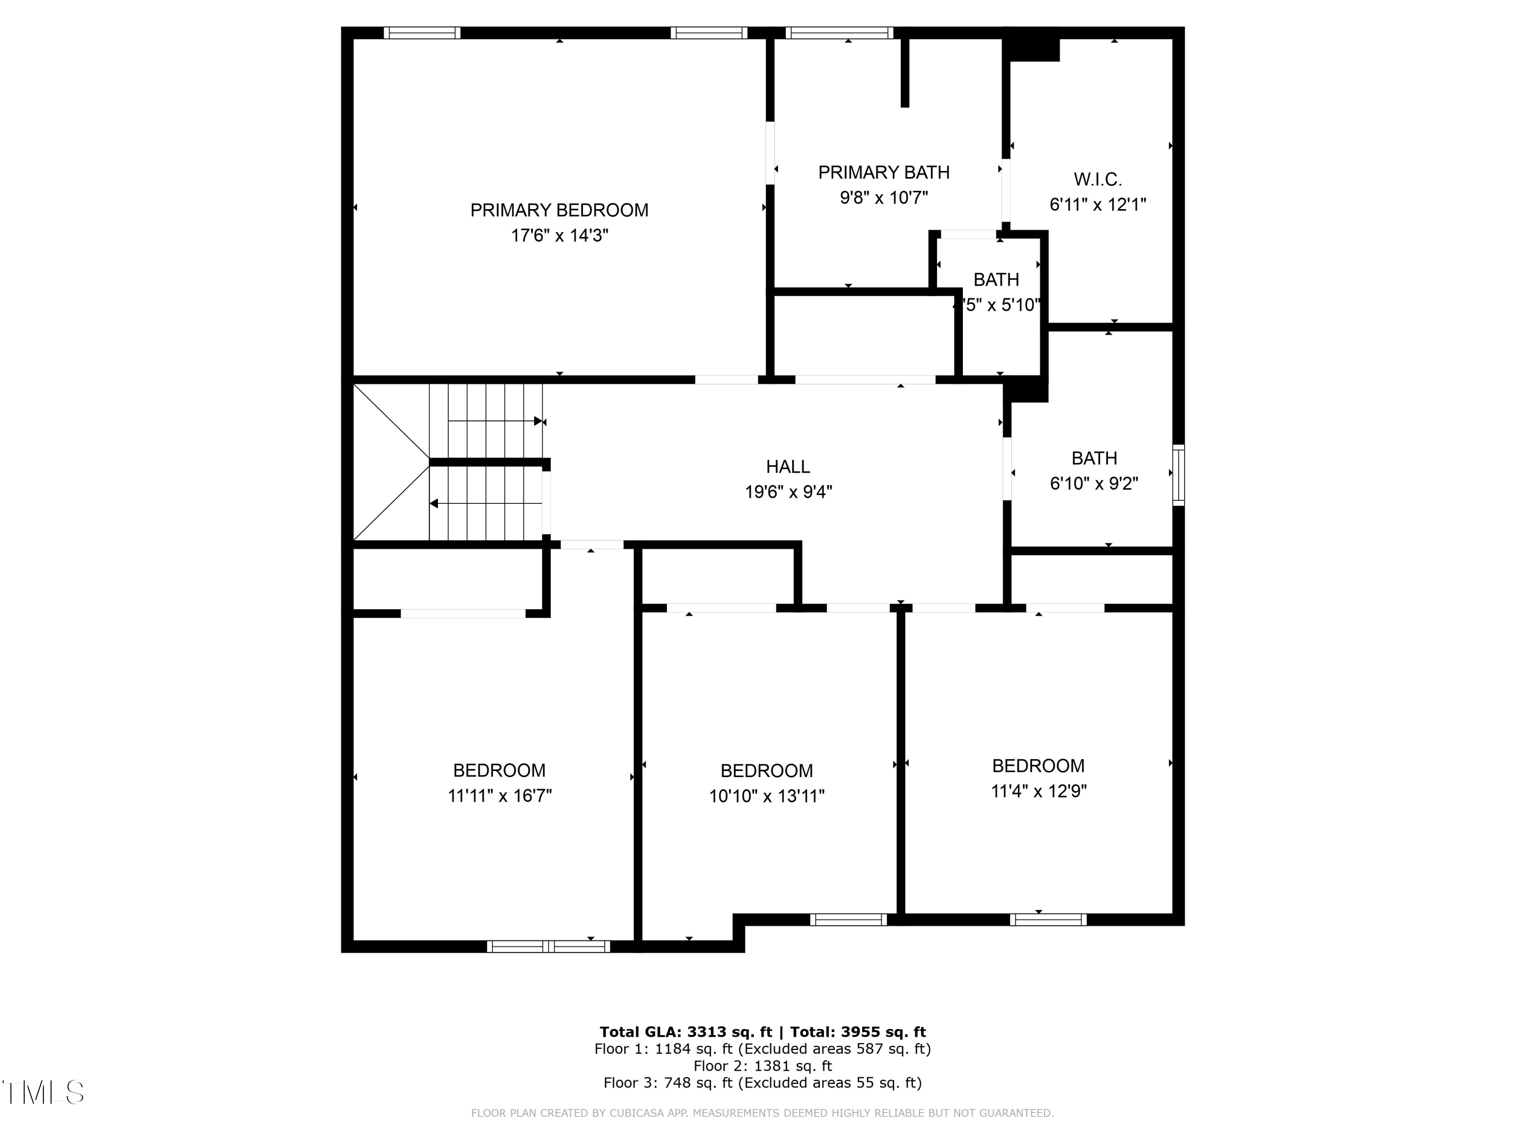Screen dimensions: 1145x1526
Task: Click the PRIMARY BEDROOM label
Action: (559, 210)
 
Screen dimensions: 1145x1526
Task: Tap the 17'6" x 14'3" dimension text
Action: (559, 235)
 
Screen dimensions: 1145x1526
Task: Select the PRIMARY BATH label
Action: (883, 173)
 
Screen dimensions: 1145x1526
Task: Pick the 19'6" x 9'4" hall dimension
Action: (788, 492)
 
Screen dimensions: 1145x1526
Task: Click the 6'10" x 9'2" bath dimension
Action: (1094, 483)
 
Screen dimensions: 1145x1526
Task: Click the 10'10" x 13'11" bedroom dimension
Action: (767, 796)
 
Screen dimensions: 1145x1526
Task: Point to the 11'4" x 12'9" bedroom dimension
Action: (1038, 791)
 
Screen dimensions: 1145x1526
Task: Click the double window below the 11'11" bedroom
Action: (548, 946)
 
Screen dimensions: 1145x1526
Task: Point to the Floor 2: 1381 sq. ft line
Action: (762, 1066)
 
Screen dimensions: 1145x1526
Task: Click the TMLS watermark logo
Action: (43, 1093)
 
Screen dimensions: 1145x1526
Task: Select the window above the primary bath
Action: (839, 33)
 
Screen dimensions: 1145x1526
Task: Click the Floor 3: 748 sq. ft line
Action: (762, 1083)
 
